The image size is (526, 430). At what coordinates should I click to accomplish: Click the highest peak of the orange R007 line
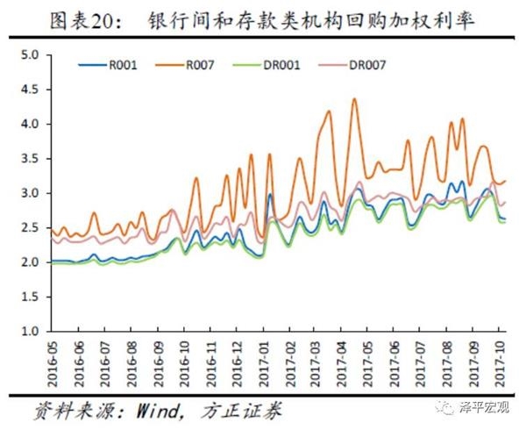tap(354, 99)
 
